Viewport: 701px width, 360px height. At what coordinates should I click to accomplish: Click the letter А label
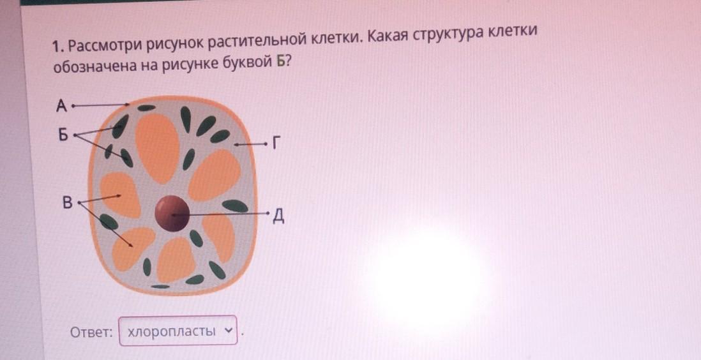(61, 106)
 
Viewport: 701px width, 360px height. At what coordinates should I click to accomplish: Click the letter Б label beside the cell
(63, 133)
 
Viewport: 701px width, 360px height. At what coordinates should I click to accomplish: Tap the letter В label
(68, 202)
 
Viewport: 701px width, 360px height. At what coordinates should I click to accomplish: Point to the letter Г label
(276, 144)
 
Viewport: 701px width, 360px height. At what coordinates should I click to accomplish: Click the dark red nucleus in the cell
(172, 213)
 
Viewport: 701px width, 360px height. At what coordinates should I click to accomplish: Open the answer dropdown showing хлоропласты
(178, 331)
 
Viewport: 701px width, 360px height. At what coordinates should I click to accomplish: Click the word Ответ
(91, 332)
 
